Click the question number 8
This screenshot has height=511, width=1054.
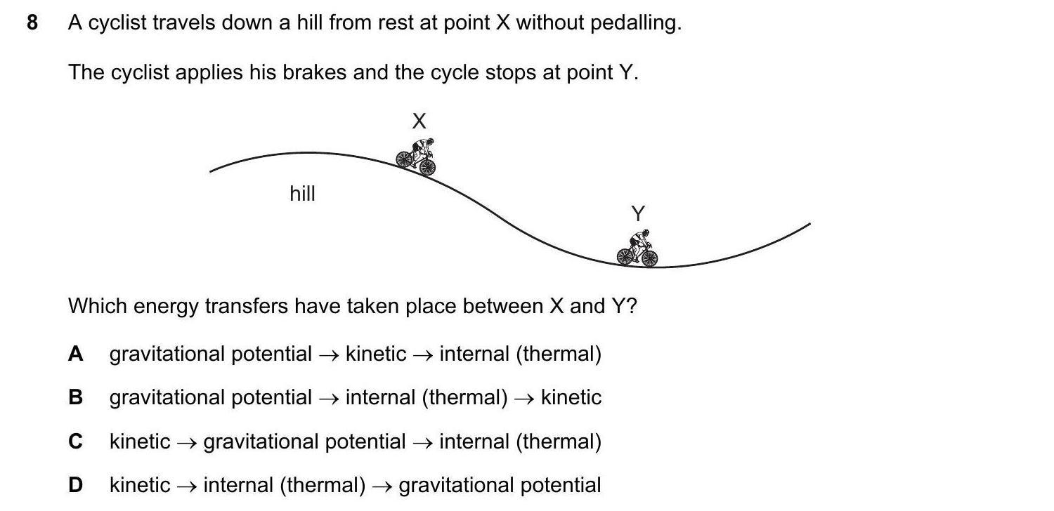[x=32, y=23]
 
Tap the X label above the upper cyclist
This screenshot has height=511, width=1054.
[x=419, y=121]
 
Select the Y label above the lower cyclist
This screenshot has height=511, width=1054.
[x=638, y=213]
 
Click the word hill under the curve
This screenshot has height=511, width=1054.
[x=303, y=194]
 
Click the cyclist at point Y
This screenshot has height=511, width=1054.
[x=638, y=248]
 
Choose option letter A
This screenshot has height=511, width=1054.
[x=76, y=354]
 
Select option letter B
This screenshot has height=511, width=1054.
[x=76, y=397]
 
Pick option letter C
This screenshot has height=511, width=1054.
[x=76, y=442]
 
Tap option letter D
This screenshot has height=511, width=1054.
[x=76, y=485]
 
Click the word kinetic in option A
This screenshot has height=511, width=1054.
[x=376, y=354]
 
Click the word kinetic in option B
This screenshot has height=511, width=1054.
[x=571, y=397]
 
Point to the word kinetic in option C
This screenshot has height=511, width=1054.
[x=140, y=442]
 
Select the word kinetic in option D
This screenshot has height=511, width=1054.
[x=140, y=485]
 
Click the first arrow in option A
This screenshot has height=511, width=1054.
[x=329, y=354]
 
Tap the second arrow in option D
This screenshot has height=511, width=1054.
[x=382, y=486]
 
